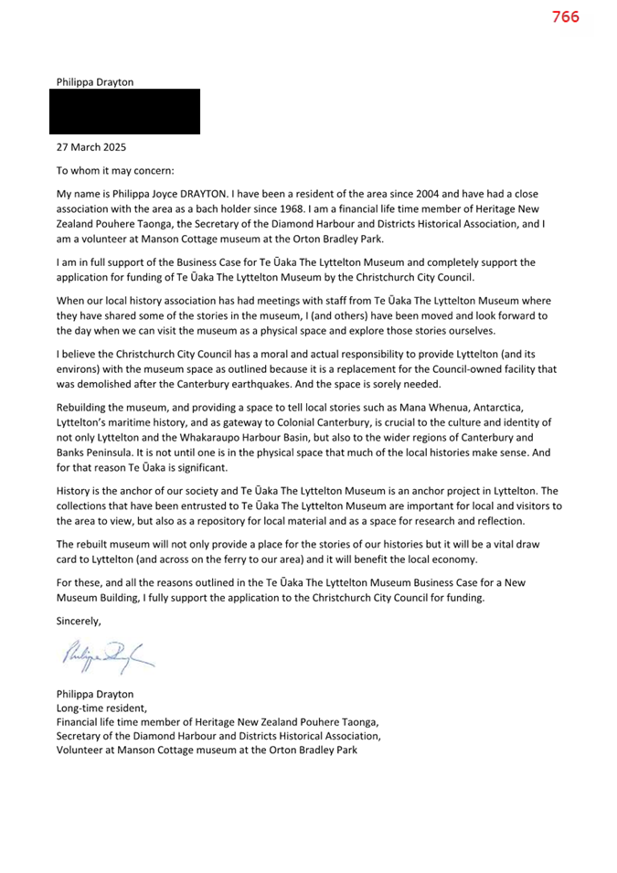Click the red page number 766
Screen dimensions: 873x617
click(x=565, y=16)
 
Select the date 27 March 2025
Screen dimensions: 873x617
click(x=91, y=146)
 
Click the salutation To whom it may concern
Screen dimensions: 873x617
click(x=115, y=170)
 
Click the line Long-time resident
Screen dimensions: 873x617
click(x=101, y=707)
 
